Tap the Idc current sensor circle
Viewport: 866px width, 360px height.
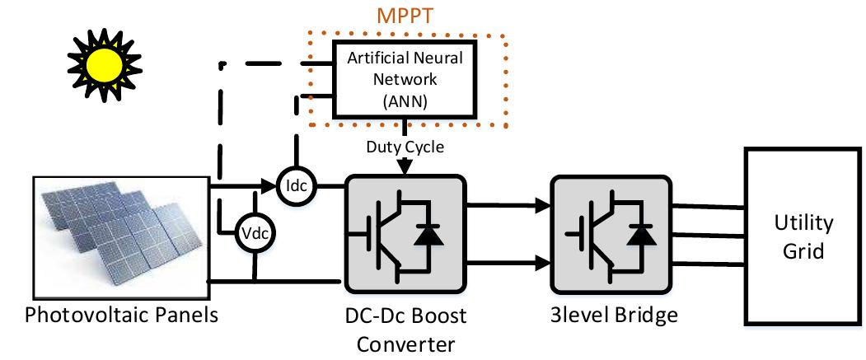coord(296,186)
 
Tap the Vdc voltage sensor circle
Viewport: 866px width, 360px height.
coord(255,233)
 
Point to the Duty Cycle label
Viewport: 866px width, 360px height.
coord(405,147)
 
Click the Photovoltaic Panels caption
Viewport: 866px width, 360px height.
coord(122,316)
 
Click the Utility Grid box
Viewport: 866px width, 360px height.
coord(803,236)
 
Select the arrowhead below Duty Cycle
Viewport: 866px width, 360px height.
coord(405,168)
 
